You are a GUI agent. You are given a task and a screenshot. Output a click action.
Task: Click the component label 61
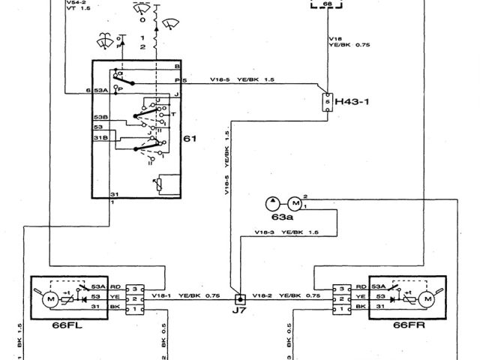click(191, 139)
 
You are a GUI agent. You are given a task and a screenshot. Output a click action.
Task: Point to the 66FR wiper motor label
click(407, 325)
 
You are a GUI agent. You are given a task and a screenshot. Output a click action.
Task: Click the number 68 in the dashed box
click(327, 5)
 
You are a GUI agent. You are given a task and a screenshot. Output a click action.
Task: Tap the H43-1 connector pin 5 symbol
click(328, 101)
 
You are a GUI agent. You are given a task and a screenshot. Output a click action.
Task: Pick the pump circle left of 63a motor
click(271, 203)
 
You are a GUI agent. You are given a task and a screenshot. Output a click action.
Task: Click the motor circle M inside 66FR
click(428, 298)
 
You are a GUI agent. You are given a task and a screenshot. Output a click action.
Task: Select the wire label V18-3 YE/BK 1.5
click(287, 233)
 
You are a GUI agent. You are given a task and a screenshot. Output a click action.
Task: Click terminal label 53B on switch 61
click(100, 118)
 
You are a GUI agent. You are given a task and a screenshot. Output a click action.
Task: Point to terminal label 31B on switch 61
click(100, 137)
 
